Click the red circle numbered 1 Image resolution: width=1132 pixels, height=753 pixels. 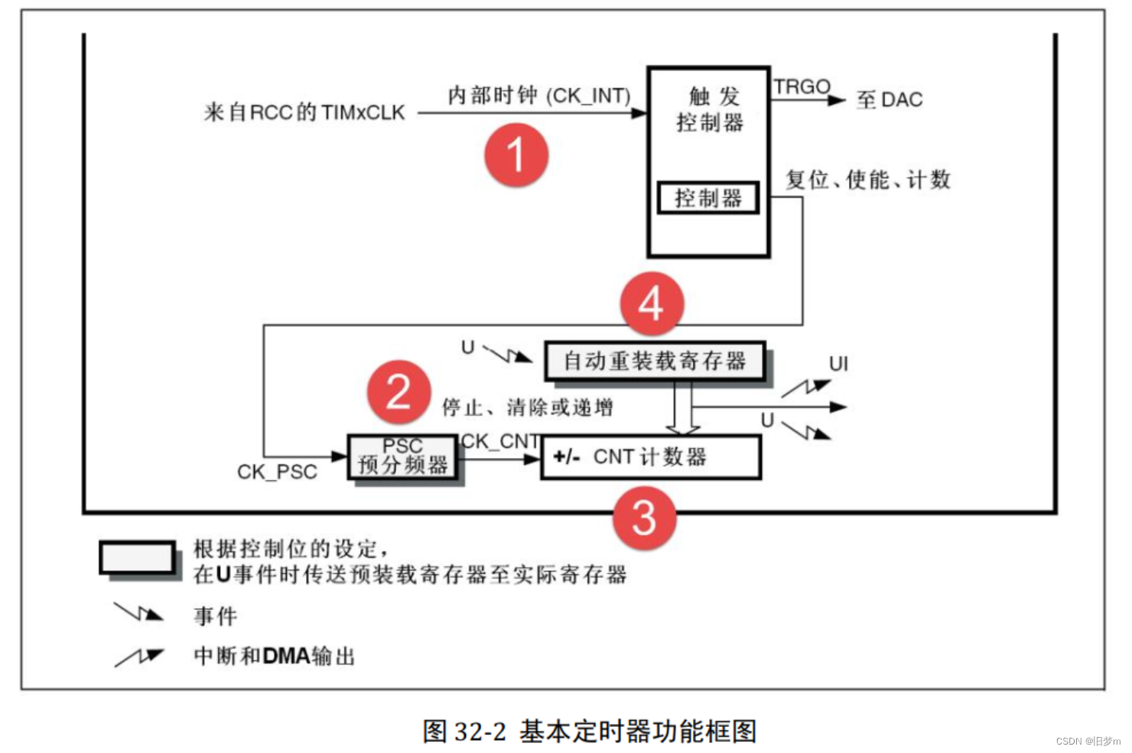(x=516, y=155)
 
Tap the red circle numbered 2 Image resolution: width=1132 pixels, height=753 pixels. (x=398, y=393)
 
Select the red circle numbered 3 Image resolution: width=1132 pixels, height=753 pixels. (x=644, y=518)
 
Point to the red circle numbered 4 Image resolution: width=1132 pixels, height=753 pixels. (x=651, y=304)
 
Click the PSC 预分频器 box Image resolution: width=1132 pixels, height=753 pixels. (x=403, y=457)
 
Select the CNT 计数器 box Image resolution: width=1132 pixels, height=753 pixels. (x=651, y=457)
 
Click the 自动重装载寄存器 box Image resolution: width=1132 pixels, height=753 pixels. (x=655, y=361)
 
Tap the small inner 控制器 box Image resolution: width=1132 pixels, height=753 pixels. (x=708, y=198)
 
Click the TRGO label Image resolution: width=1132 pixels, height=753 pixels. (x=801, y=87)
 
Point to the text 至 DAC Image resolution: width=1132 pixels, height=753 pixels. (x=890, y=99)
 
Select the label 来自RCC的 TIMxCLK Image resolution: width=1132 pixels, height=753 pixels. (x=304, y=112)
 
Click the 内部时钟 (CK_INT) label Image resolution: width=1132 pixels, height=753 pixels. (x=539, y=96)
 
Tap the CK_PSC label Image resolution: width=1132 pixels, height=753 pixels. (x=277, y=472)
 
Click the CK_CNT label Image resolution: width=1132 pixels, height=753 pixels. (x=500, y=441)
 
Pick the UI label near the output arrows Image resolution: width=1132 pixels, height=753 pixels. (x=838, y=364)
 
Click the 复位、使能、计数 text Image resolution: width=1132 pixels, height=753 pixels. (x=867, y=180)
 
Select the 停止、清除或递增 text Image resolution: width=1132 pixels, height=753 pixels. (x=527, y=407)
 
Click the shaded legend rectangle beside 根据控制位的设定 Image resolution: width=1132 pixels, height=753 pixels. (x=137, y=557)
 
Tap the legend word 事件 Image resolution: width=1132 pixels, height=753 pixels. (x=216, y=615)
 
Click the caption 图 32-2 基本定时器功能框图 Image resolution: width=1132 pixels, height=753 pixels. (x=590, y=731)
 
